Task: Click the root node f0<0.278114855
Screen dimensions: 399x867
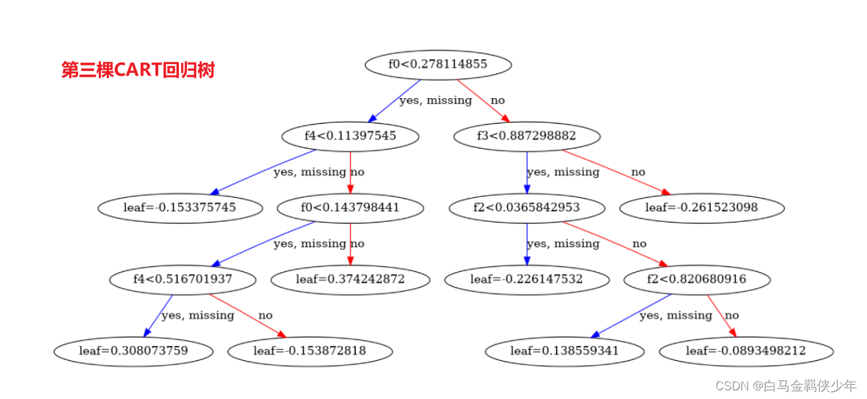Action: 438,65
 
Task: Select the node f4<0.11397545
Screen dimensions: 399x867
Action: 350,136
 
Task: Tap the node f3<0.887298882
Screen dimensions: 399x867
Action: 527,136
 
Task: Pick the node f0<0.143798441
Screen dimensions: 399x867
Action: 350,208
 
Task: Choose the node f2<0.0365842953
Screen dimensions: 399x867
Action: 527,208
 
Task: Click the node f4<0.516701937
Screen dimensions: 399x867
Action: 182,279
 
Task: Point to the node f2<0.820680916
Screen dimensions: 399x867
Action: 696,279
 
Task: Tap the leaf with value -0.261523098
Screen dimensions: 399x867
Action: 701,208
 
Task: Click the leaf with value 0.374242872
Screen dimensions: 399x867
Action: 350,279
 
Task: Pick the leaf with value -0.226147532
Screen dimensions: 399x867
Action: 527,279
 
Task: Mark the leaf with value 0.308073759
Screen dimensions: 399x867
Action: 133,351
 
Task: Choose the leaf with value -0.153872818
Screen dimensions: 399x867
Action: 310,351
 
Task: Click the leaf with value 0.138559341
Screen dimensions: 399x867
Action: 565,351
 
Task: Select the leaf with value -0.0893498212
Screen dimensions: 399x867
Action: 746,351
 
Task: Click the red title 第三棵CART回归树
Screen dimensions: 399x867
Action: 138,70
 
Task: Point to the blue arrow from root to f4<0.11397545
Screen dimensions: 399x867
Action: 394,101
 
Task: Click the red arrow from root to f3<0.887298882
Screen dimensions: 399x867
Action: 481,101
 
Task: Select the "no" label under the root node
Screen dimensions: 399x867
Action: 498,101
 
